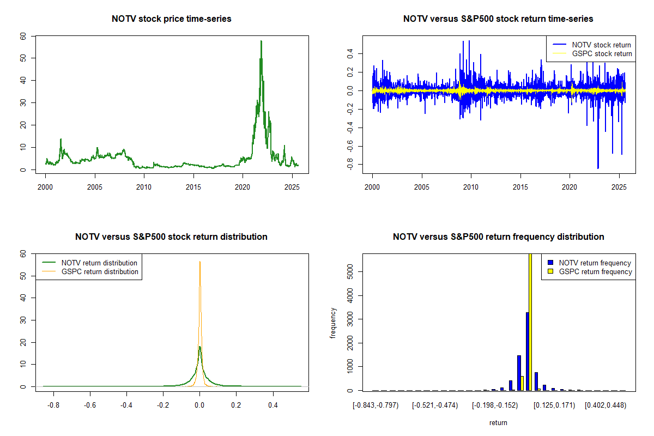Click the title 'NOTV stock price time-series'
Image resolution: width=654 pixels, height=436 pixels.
point(171,19)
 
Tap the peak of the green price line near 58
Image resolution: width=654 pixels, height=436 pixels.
point(261,41)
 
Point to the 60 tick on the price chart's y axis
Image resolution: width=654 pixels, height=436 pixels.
point(22,36)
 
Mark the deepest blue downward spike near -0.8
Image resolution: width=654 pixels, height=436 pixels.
point(598,167)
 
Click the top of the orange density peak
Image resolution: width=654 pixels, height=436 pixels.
point(199,262)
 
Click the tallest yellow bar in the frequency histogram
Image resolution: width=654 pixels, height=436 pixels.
point(530,322)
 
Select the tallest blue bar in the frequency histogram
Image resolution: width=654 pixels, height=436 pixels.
point(527,351)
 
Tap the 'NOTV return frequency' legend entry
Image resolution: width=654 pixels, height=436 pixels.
point(595,263)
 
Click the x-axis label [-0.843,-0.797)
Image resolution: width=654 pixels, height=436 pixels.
point(376,405)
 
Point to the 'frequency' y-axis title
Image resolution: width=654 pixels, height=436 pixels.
point(333,323)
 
